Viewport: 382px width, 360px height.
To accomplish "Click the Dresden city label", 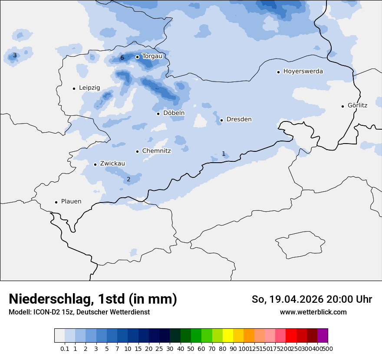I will (239, 119).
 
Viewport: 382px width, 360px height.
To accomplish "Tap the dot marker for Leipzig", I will (74, 88).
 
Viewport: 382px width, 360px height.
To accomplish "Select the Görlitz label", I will (357, 105).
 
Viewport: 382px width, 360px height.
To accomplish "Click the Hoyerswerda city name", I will (303, 72).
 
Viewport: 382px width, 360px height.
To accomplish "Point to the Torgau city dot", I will (137, 57).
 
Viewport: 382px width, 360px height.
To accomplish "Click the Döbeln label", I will (174, 113).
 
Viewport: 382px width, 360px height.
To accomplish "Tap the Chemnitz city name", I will (156, 151).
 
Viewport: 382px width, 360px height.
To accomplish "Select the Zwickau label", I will (112, 164).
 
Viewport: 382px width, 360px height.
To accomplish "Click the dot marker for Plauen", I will (56, 202).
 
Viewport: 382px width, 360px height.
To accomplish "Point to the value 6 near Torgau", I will (122, 58).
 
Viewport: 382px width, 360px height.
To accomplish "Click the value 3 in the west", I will (15, 55).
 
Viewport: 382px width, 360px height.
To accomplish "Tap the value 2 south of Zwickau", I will (128, 179).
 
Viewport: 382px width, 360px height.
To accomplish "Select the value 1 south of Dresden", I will (224, 154).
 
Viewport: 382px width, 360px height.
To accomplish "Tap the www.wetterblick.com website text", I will (313, 312).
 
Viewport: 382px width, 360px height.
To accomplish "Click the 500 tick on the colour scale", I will (328, 349).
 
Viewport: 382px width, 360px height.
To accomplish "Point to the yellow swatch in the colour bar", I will (228, 336).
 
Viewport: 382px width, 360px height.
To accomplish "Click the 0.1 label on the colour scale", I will (65, 349).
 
